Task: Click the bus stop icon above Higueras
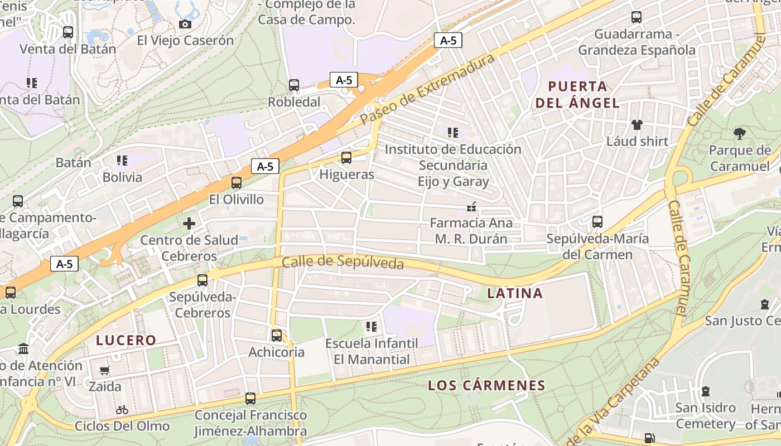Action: (x=346, y=158)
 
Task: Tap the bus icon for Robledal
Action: (x=294, y=85)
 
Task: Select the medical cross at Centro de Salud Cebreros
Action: (x=189, y=224)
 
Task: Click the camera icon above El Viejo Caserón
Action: (x=185, y=24)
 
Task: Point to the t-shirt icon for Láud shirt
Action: (x=637, y=124)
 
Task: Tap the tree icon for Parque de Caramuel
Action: (x=740, y=133)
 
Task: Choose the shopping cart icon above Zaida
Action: (x=104, y=370)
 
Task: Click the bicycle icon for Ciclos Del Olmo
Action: (x=122, y=410)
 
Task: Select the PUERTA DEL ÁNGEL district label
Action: (x=577, y=95)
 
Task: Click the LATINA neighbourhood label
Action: (x=515, y=293)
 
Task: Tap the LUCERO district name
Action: (x=126, y=340)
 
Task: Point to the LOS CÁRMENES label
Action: (x=486, y=385)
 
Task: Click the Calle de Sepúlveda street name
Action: (x=343, y=262)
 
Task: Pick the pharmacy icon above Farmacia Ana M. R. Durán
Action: (x=471, y=207)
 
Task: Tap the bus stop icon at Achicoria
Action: (x=277, y=335)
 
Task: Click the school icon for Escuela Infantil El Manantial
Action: (x=372, y=326)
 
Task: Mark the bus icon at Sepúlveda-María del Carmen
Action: (x=597, y=222)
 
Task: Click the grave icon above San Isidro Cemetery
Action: (x=706, y=391)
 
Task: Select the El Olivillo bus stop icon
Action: (x=237, y=182)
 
